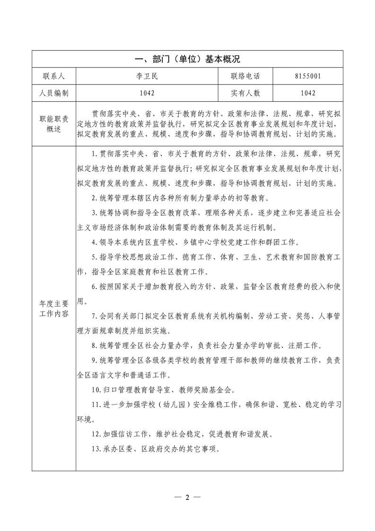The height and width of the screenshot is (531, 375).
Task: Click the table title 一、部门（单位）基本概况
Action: coord(188,59)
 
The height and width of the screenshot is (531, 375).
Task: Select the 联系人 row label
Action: coord(54,76)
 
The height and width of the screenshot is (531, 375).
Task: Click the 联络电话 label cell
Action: coord(245,76)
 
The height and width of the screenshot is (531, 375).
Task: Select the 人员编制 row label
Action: coord(54,93)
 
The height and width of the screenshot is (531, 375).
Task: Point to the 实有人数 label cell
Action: coord(245,93)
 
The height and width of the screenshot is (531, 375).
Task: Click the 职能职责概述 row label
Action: coord(54,124)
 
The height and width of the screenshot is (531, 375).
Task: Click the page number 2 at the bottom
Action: coord(187,497)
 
